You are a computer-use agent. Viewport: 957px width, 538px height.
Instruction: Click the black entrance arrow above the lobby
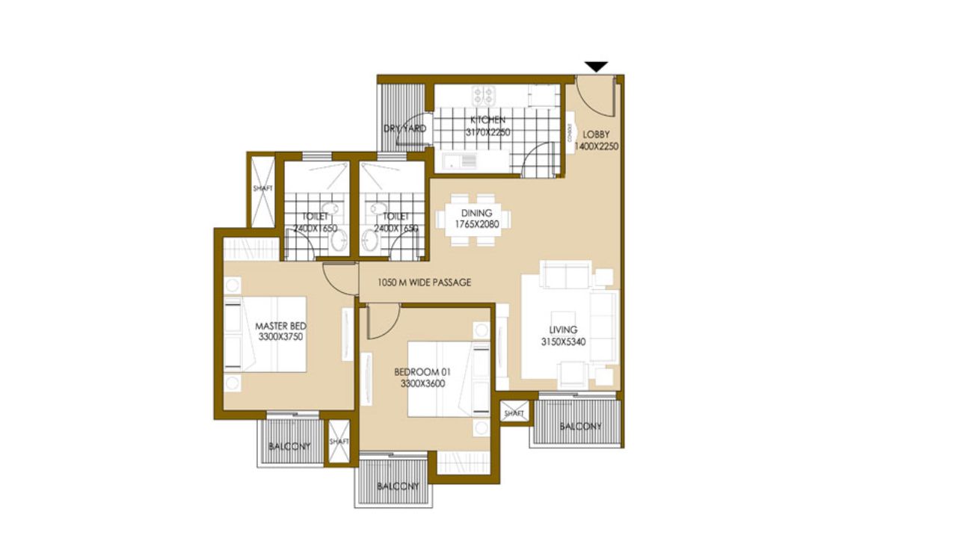click(x=596, y=67)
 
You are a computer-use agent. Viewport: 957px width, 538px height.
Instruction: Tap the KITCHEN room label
click(x=487, y=120)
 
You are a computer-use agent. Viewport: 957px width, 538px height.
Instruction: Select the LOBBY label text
click(x=597, y=134)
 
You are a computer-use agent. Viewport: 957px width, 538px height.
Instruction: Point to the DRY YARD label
click(x=404, y=129)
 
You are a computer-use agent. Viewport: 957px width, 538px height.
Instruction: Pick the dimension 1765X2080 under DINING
click(x=476, y=224)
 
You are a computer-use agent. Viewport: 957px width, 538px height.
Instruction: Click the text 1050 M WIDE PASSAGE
click(x=425, y=282)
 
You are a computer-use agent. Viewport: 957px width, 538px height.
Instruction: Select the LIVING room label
click(x=562, y=330)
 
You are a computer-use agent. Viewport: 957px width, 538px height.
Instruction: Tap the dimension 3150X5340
click(x=562, y=341)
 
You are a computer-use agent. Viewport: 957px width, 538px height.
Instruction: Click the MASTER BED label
click(x=280, y=326)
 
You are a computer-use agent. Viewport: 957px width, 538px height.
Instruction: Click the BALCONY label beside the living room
click(x=581, y=427)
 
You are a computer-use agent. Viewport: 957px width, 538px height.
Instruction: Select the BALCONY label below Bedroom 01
click(x=398, y=486)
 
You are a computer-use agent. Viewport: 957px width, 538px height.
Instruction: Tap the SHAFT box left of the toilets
click(x=262, y=189)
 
